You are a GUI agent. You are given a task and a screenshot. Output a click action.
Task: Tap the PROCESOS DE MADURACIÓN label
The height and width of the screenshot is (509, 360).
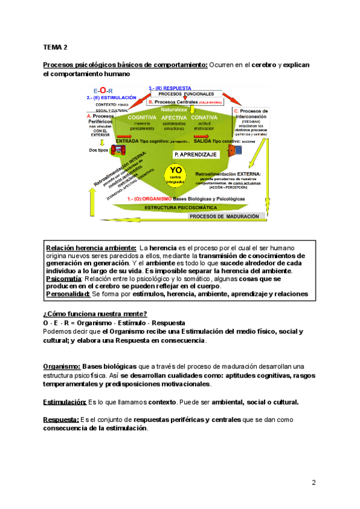coord(225,216)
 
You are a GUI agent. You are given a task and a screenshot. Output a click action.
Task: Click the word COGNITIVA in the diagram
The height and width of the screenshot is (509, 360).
coord(142,117)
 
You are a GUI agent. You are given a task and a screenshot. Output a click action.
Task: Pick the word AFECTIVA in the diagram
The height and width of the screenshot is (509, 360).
coord(175,117)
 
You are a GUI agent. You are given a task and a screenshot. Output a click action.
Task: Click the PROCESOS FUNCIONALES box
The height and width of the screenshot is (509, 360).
coord(182,94)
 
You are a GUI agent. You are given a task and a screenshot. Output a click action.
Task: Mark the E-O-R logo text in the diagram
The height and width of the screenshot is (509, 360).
coord(103,90)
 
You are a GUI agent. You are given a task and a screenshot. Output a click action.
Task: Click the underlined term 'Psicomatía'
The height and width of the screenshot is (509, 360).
coord(64,279)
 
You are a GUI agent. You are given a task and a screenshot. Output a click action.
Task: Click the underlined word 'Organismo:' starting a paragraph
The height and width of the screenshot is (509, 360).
coord(62,366)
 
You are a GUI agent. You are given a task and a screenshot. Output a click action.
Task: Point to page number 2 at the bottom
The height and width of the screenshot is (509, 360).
coord(313,483)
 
